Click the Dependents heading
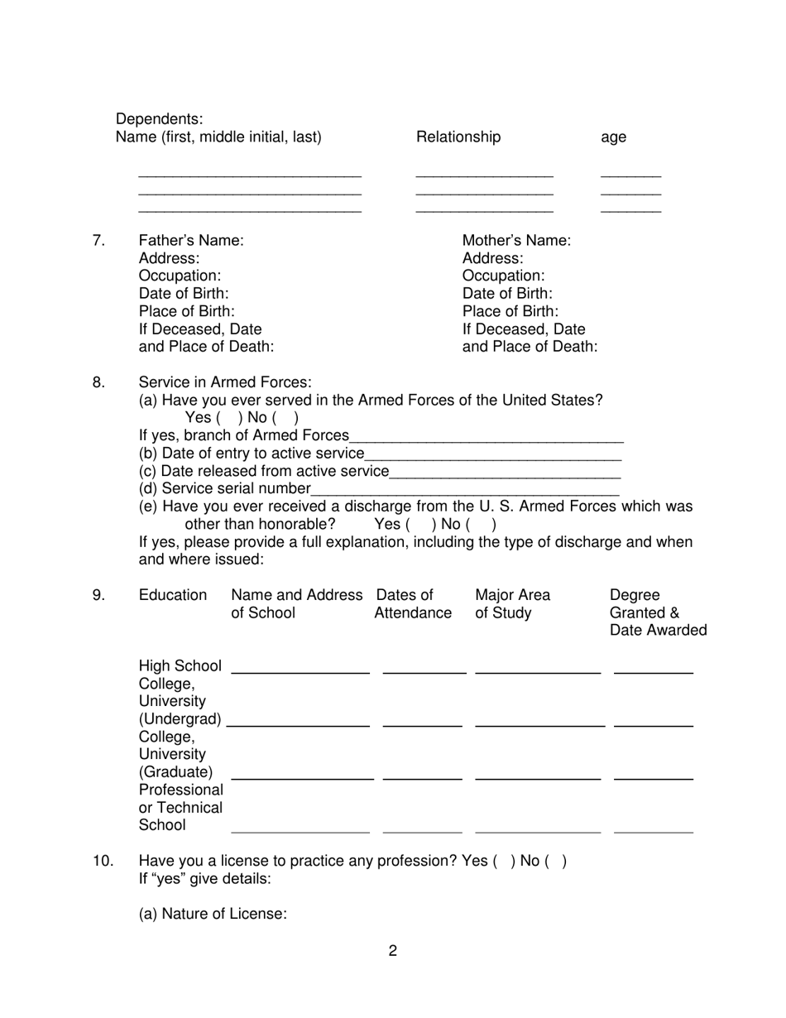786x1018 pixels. (159, 119)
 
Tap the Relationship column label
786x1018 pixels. (458, 137)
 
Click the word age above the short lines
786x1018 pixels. (613, 137)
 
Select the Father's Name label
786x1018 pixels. (191, 241)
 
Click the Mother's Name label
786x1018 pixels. (516, 241)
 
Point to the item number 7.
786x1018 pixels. (98, 241)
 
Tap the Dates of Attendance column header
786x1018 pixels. (412, 604)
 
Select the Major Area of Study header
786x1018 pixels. (511, 604)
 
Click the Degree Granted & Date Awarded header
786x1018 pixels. (657, 612)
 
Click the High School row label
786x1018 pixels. (180, 666)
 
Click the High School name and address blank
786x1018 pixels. (300, 669)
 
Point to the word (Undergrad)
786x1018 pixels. (180, 719)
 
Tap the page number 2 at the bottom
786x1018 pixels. (393, 951)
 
